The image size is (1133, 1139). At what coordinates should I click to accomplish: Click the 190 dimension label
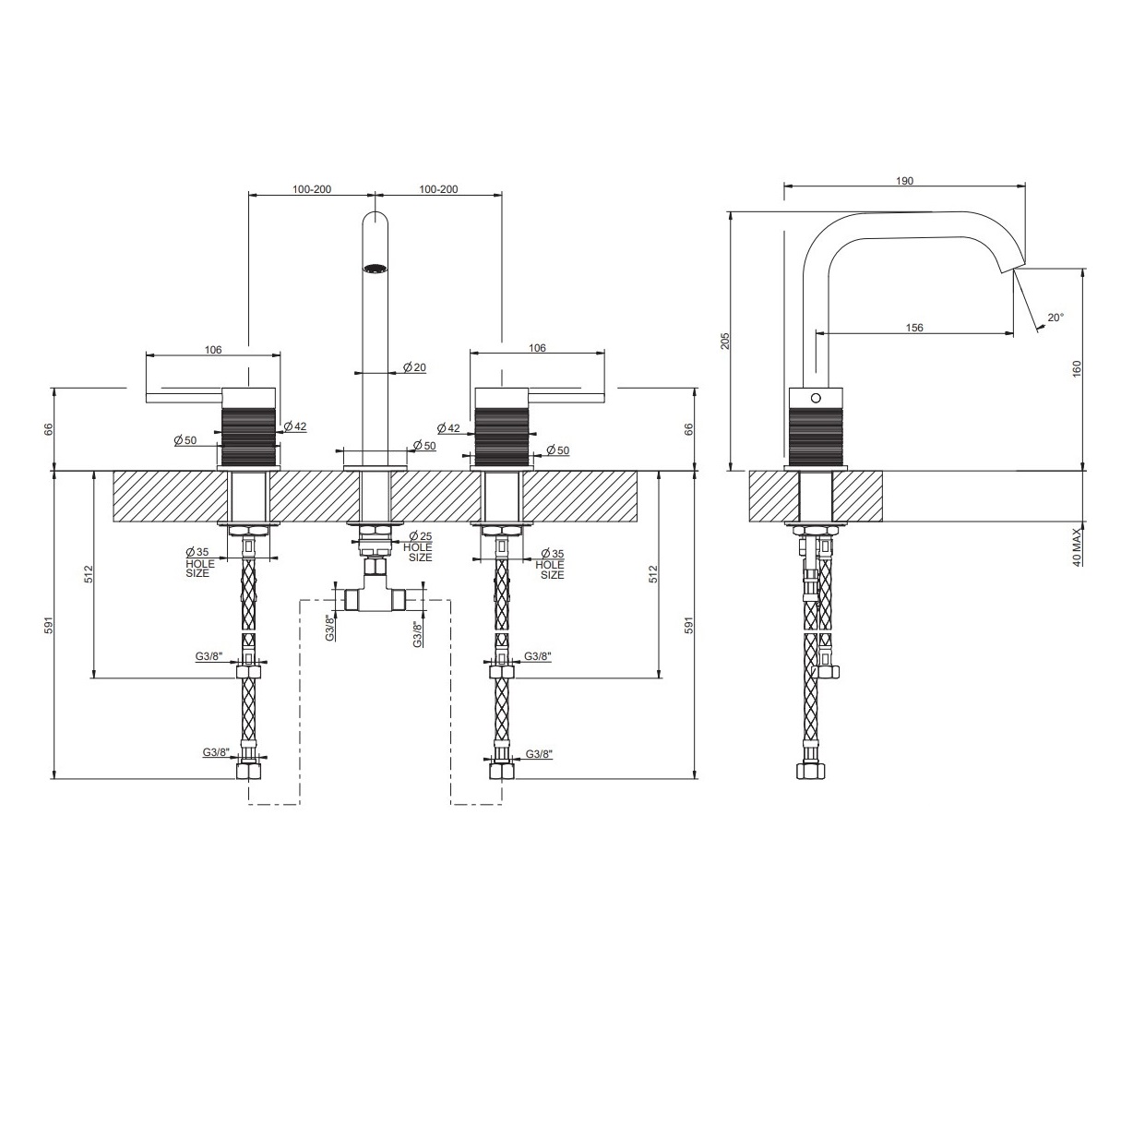904,181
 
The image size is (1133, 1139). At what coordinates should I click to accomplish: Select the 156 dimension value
913,328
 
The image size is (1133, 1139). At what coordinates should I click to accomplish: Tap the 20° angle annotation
1055,318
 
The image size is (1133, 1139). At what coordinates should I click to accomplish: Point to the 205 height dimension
726,341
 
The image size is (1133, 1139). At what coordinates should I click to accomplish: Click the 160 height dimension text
1077,369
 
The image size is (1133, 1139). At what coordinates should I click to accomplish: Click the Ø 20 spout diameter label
414,367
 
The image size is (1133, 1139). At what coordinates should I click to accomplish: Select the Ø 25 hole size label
420,546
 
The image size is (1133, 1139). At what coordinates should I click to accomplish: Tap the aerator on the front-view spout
375,268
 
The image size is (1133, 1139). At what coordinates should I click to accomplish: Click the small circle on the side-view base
816,398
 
